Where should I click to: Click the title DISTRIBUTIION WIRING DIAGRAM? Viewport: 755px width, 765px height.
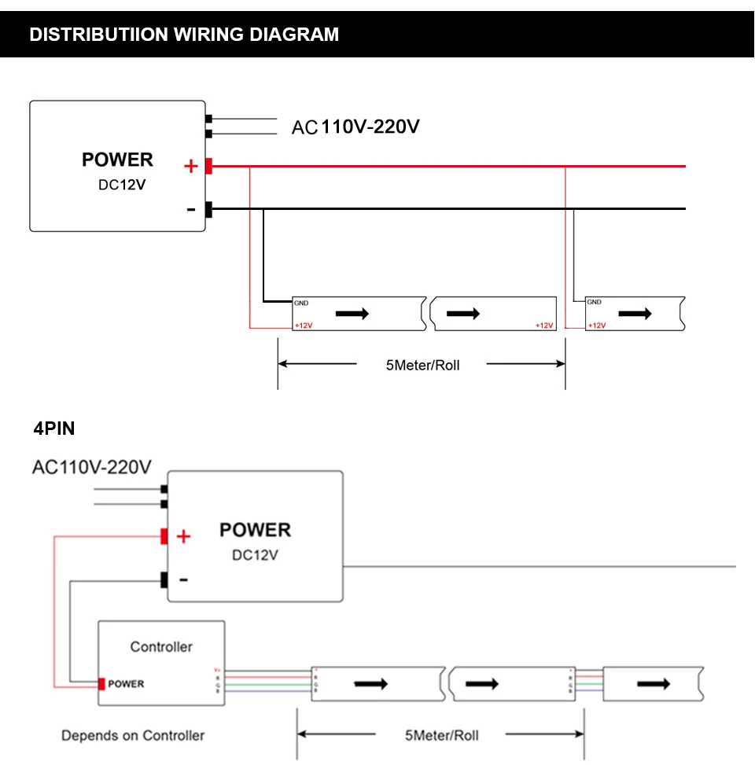(x=184, y=35)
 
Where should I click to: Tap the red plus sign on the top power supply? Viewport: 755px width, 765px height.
(x=190, y=167)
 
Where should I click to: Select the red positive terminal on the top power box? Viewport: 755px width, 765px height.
(x=209, y=167)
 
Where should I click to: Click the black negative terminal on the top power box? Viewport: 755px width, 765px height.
(x=209, y=209)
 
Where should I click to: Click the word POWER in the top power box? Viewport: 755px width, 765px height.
(x=117, y=160)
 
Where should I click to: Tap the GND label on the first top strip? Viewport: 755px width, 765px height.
(x=301, y=302)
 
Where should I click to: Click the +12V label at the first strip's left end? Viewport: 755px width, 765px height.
(x=303, y=325)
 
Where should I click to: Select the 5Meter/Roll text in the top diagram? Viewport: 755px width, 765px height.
(x=422, y=366)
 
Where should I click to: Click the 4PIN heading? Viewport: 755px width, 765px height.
(x=54, y=428)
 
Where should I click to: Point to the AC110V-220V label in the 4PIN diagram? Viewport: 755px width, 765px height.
(x=91, y=467)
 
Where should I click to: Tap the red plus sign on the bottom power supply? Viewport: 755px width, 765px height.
(x=183, y=537)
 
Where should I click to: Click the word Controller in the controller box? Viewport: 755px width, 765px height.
(x=161, y=646)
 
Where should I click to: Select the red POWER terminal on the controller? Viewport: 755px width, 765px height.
(x=102, y=683)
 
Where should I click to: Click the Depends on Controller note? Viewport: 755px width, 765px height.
(x=133, y=735)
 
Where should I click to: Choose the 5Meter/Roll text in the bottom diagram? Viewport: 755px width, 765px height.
(x=441, y=735)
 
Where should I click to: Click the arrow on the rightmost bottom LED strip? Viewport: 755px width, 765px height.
(x=653, y=684)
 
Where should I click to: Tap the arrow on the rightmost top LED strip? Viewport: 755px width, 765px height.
(x=635, y=314)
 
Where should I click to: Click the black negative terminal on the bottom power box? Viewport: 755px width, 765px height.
(x=164, y=580)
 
